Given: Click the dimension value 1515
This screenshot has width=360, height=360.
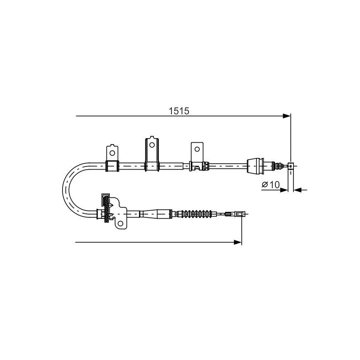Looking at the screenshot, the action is [179, 111].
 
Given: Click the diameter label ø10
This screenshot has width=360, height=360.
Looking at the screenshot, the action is [271, 184].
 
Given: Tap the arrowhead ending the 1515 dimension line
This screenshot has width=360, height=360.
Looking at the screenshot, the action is [287, 116].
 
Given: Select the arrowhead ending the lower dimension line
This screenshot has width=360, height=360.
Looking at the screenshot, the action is [238, 242].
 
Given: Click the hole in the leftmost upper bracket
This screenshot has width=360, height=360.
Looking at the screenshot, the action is [112, 153].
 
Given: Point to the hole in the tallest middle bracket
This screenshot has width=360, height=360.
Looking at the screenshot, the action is [152, 145].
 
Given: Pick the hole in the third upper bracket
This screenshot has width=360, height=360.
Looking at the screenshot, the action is [197, 149].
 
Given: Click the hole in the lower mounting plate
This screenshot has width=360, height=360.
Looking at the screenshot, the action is [120, 223].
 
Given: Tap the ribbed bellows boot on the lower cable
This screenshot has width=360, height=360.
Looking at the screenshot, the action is [197, 214].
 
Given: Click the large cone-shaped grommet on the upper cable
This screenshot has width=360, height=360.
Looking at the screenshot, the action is [255, 165].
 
